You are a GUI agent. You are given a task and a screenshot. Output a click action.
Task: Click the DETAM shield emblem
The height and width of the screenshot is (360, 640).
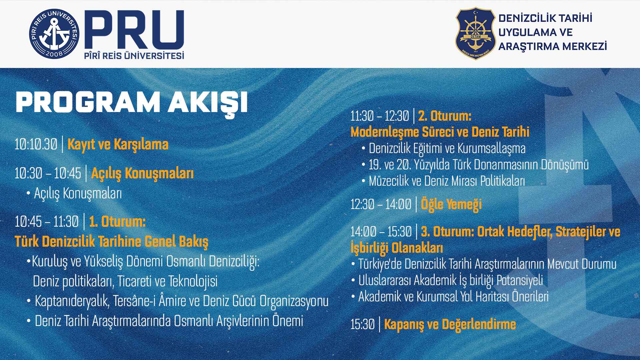pos(475,34)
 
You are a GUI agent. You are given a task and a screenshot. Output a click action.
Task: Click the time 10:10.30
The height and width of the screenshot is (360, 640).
pos(36,144)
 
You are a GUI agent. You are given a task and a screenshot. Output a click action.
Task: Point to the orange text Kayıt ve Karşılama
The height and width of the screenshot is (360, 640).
pos(118,145)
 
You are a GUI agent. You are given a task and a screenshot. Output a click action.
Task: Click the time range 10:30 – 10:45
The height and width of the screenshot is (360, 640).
pos(48,173)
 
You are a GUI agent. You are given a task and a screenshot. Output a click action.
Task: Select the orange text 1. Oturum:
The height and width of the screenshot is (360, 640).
pos(117,222)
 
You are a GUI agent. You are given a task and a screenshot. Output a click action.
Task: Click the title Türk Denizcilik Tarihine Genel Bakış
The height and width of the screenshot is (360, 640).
pos(111,241)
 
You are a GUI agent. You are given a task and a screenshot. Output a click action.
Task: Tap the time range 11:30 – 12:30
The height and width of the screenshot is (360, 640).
pos(379,116)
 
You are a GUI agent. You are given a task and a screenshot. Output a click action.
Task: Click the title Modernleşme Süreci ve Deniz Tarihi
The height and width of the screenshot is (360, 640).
pos(440,132)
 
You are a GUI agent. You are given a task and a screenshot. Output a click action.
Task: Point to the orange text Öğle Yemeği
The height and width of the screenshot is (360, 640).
pos(451,204)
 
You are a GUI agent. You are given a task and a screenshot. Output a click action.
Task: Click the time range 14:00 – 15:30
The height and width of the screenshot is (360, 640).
pos(381,231)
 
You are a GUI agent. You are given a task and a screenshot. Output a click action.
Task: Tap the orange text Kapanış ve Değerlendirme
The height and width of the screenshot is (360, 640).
pos(450,324)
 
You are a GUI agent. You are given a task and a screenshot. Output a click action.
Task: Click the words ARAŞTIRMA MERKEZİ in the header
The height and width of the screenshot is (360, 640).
pos(552,46)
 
